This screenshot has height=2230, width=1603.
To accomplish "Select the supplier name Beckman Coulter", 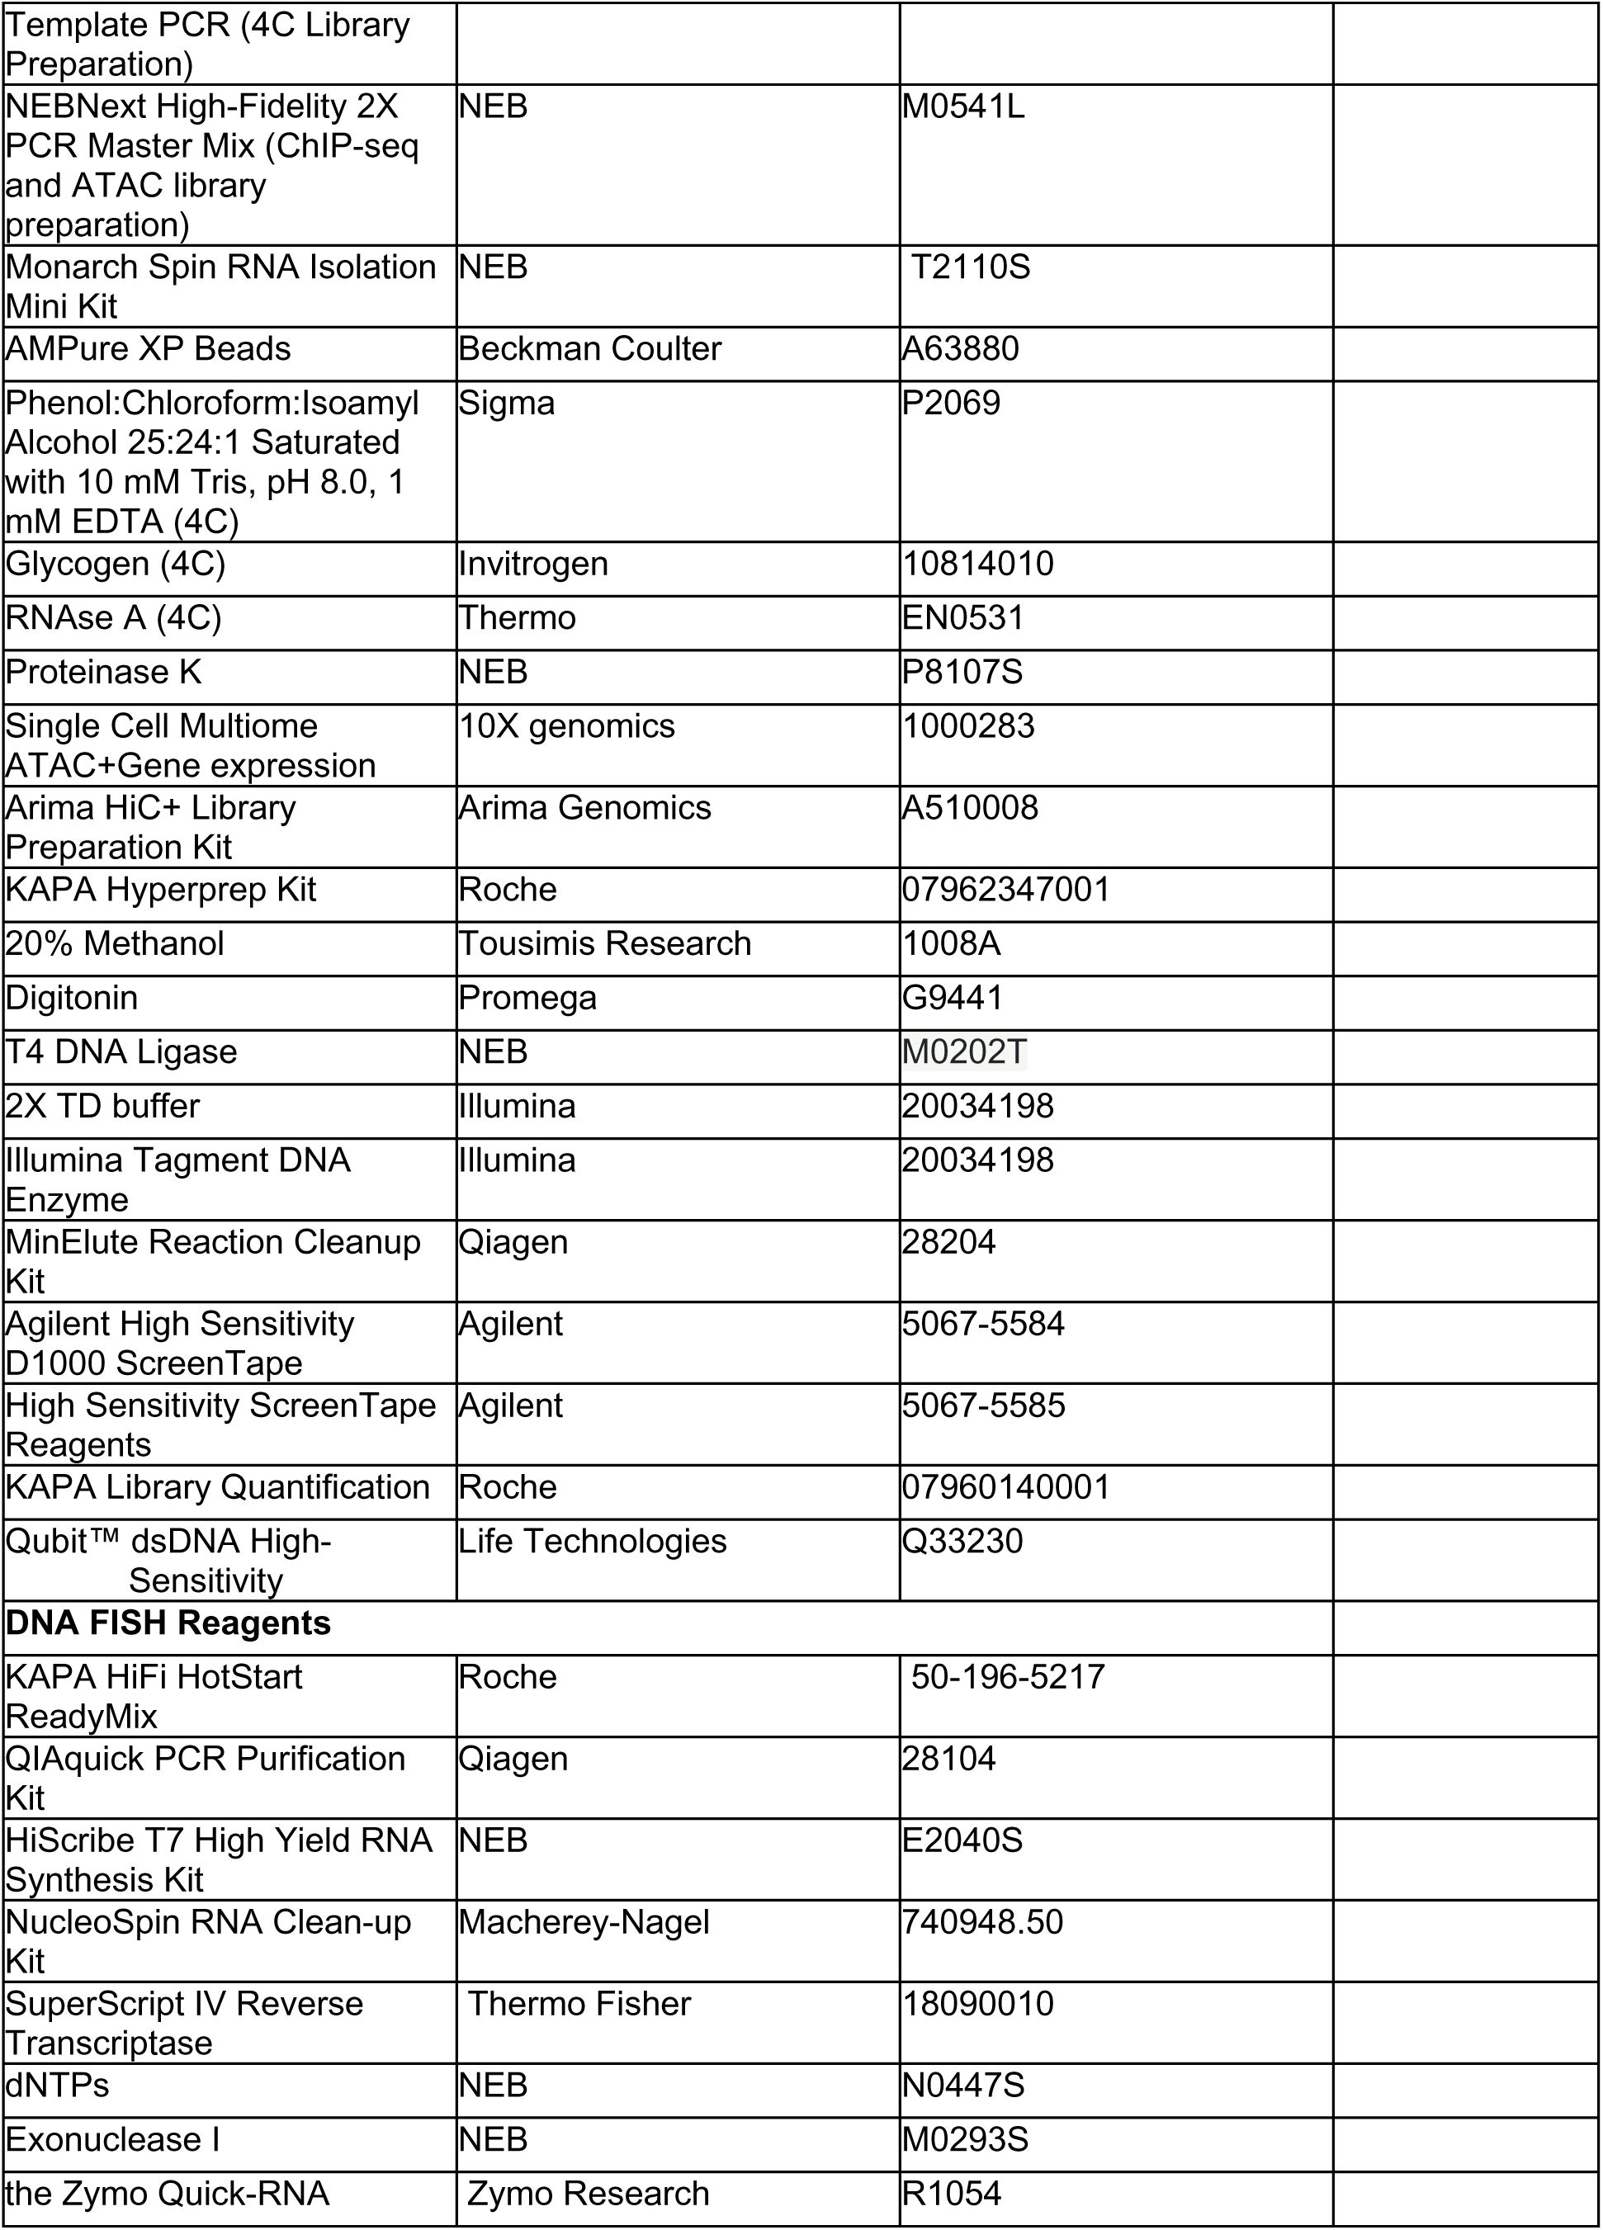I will point(589,349).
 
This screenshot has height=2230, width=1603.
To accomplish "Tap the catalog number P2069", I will point(950,403).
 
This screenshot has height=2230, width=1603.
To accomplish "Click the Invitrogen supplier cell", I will point(533,564).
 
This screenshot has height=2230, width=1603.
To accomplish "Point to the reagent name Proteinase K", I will point(103,672).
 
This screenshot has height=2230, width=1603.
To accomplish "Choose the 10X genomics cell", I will point(566,725).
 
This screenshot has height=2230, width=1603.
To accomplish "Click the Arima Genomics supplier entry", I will point(584,807).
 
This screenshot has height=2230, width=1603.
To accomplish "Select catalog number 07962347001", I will point(1005,889).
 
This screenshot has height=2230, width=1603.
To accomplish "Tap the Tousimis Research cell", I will point(604,943).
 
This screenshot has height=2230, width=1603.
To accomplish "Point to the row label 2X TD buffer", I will point(102,1105).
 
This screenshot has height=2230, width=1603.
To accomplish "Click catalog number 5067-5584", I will point(982,1324).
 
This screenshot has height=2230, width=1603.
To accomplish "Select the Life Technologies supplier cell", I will point(592,1541).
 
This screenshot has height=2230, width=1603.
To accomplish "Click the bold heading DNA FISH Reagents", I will point(168,1623).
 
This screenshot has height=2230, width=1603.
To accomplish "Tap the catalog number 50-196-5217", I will point(1007,1676).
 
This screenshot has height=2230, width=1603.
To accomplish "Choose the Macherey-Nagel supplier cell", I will point(584,1921).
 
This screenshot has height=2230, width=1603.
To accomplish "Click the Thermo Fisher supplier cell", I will point(579,2003).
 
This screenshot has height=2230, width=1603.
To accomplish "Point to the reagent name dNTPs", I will point(57,2085).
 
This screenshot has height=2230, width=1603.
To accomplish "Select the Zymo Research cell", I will point(587,2194).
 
